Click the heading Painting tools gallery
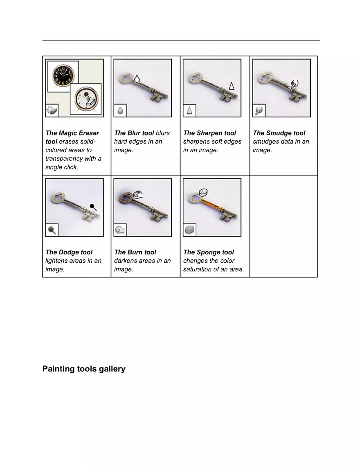point(84,369)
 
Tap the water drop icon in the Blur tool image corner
point(120,110)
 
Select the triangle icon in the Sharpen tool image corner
point(189,110)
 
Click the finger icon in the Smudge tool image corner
point(259,110)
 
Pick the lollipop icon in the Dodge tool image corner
point(52,230)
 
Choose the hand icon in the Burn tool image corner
point(120,230)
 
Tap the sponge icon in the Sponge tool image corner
point(189,230)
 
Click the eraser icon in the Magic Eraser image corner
point(52,110)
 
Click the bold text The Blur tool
point(134,133)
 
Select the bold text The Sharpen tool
point(209,133)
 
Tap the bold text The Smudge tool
point(279,133)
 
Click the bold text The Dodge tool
point(69,252)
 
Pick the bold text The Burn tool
point(135,252)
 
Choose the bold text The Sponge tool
point(209,252)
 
